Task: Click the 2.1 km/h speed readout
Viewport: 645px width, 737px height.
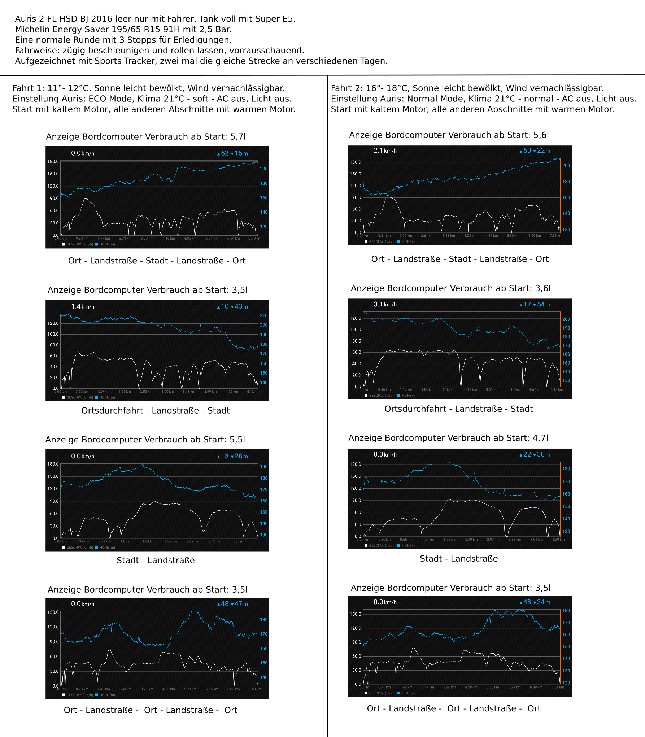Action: pyautogui.click(x=385, y=151)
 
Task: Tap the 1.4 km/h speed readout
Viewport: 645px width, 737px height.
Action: pyautogui.click(x=83, y=306)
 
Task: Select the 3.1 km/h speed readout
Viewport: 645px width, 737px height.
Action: pyautogui.click(x=385, y=304)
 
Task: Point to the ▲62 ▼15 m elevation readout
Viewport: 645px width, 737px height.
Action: pyautogui.click(x=232, y=153)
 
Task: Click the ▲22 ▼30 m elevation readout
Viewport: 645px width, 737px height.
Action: pyautogui.click(x=535, y=454)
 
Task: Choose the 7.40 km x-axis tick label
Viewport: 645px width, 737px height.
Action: pyautogui.click(x=255, y=239)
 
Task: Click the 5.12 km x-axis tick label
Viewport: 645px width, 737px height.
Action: pyautogui.click(x=253, y=392)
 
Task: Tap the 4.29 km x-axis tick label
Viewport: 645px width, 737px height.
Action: pyautogui.click(x=558, y=540)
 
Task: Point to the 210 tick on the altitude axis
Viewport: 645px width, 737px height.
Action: pyautogui.click(x=264, y=315)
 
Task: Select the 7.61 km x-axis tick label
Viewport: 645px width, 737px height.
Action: pyautogui.click(x=558, y=687)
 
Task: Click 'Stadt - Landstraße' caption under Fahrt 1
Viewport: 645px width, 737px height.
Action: pyautogui.click(x=156, y=560)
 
